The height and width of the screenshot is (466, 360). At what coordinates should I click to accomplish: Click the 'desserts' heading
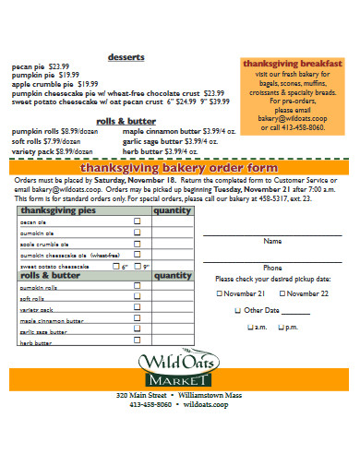click(x=126, y=56)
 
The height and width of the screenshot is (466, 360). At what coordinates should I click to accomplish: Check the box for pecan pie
click(x=138, y=221)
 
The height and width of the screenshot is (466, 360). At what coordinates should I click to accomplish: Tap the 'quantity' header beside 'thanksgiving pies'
click(x=172, y=210)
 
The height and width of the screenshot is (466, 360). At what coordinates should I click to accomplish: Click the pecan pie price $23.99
click(x=59, y=66)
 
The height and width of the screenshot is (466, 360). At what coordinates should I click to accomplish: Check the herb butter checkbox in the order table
click(x=138, y=341)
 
